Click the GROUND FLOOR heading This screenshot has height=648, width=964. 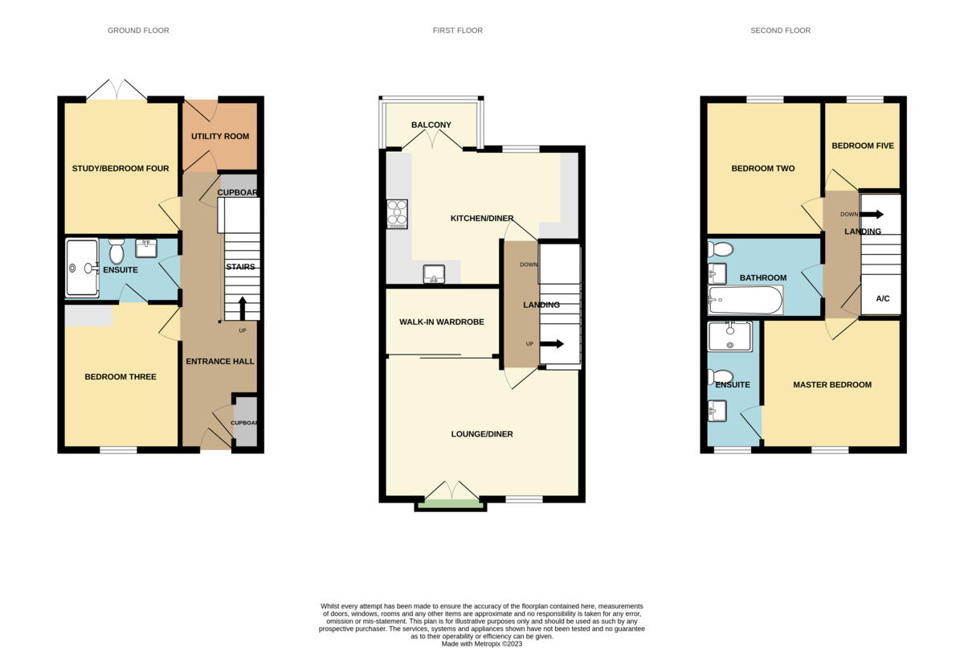[x=138, y=31]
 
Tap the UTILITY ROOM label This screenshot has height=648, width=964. [x=219, y=137]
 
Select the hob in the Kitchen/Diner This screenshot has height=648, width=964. [x=397, y=214]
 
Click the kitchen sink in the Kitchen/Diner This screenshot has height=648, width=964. [x=435, y=274]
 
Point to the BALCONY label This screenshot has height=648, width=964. [x=431, y=125]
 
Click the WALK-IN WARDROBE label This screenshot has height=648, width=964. [x=442, y=322]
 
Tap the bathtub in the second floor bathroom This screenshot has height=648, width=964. [x=745, y=301]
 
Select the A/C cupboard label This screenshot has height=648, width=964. [x=882, y=299]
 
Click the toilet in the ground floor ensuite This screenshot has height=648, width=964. [x=116, y=252]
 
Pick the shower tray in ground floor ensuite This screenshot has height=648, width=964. [x=81, y=268]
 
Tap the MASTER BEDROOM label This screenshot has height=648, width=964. [x=831, y=385]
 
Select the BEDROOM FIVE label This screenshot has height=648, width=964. [x=862, y=146]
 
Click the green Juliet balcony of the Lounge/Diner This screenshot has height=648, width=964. [x=451, y=504]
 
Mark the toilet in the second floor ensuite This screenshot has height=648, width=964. [x=721, y=376]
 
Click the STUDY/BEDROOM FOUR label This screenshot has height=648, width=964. [x=120, y=169]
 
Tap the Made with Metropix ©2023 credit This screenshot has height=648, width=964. [x=482, y=643]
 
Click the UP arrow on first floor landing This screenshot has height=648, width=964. [x=552, y=344]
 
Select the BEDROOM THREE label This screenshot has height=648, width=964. [x=120, y=377]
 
